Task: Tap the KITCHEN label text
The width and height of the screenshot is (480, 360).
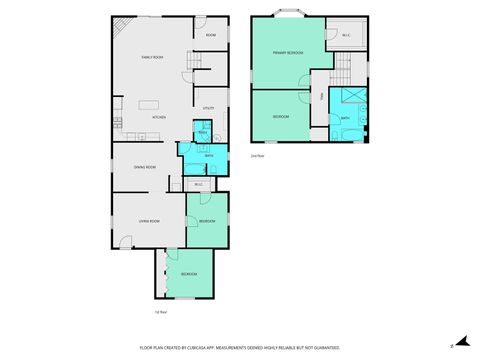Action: [x=158, y=118]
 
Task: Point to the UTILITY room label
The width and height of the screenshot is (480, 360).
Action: [x=209, y=107]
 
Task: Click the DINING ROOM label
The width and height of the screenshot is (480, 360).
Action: [x=144, y=167]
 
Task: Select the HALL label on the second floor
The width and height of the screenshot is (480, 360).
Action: [x=321, y=98]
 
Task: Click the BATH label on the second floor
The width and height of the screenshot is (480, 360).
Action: [x=345, y=119]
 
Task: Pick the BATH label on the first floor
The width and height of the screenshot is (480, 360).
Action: [x=209, y=156]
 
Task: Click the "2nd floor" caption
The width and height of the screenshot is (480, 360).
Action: [x=257, y=155]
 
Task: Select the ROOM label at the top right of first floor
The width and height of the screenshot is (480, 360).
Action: [x=211, y=36]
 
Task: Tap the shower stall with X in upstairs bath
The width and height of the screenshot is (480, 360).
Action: [x=351, y=96]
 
